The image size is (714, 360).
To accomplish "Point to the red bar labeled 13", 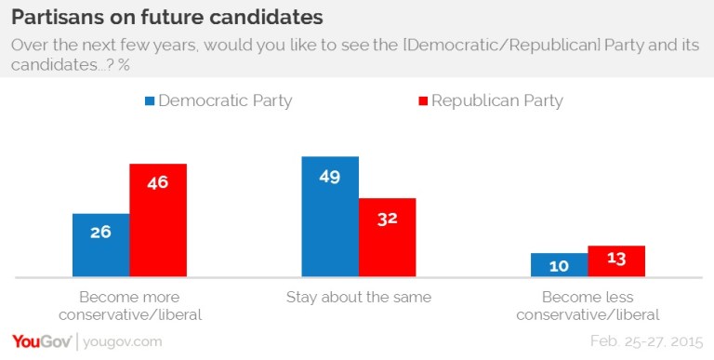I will pos(615,261).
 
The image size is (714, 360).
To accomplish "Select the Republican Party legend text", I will pos(497,100).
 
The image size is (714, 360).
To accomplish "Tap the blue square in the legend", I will pos(149,100).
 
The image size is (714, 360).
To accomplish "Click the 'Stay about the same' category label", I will pos(358,298).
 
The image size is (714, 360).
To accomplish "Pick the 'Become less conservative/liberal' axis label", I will pos(588,306).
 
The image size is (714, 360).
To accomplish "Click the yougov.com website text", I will pos(119,341).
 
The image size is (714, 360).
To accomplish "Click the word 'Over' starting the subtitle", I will pos(29,46).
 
